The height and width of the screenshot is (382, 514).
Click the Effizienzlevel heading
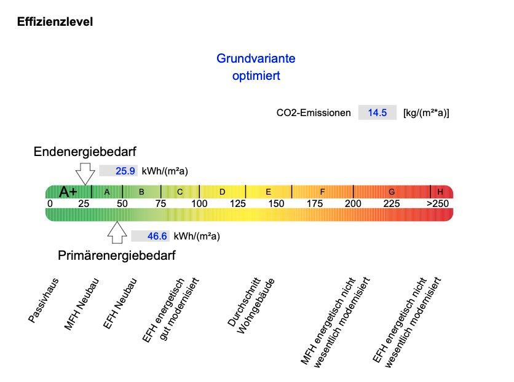[55, 23]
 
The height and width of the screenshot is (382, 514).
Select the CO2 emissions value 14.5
[377, 112]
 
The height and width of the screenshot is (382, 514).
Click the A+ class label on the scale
[68, 192]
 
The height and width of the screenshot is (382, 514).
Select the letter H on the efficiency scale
[440, 192]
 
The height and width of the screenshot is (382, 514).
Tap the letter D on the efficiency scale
[222, 192]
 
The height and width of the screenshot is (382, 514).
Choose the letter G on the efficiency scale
[392, 192]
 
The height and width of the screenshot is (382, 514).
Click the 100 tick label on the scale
[199, 203]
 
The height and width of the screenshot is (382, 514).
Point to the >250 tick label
[438, 203]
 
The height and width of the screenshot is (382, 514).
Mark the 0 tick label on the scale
[50, 203]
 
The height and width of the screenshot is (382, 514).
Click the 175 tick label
[315, 203]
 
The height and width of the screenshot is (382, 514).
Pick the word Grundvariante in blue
[256, 59]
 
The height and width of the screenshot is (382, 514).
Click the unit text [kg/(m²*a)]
[426, 112]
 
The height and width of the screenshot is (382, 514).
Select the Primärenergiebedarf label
[117, 255]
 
